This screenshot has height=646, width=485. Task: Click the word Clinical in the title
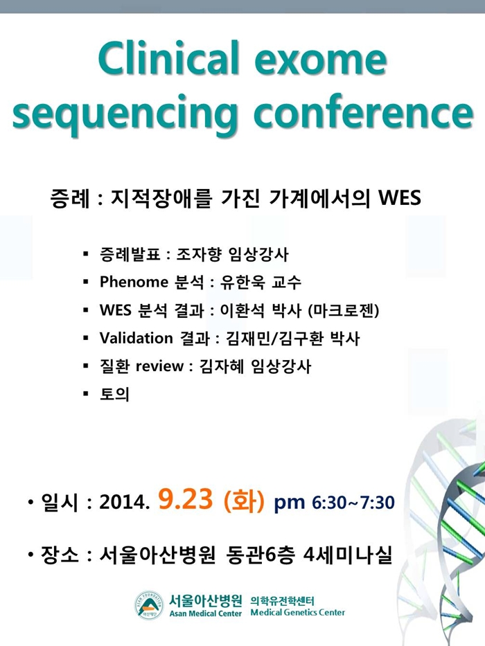(x=168, y=57)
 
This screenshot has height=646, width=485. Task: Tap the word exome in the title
(x=321, y=60)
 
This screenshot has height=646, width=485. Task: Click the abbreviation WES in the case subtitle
(x=400, y=197)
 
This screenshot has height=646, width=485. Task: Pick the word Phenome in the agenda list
(x=134, y=282)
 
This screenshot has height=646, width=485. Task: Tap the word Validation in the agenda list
(x=136, y=338)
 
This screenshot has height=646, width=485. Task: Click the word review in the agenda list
(x=159, y=366)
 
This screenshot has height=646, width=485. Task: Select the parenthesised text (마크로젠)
(x=344, y=309)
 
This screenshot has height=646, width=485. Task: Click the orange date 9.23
(x=185, y=499)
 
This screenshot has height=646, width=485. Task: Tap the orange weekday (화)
(x=243, y=500)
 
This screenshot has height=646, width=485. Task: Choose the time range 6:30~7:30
(x=353, y=502)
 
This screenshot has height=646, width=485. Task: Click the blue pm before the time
(x=290, y=503)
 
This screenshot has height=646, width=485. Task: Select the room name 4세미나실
(x=347, y=555)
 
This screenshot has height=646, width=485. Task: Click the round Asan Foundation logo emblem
(x=149, y=604)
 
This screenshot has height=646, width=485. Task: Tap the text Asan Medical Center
(x=205, y=613)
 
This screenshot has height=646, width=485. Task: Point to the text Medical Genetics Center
(x=297, y=612)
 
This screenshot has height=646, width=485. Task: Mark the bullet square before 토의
(x=86, y=394)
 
